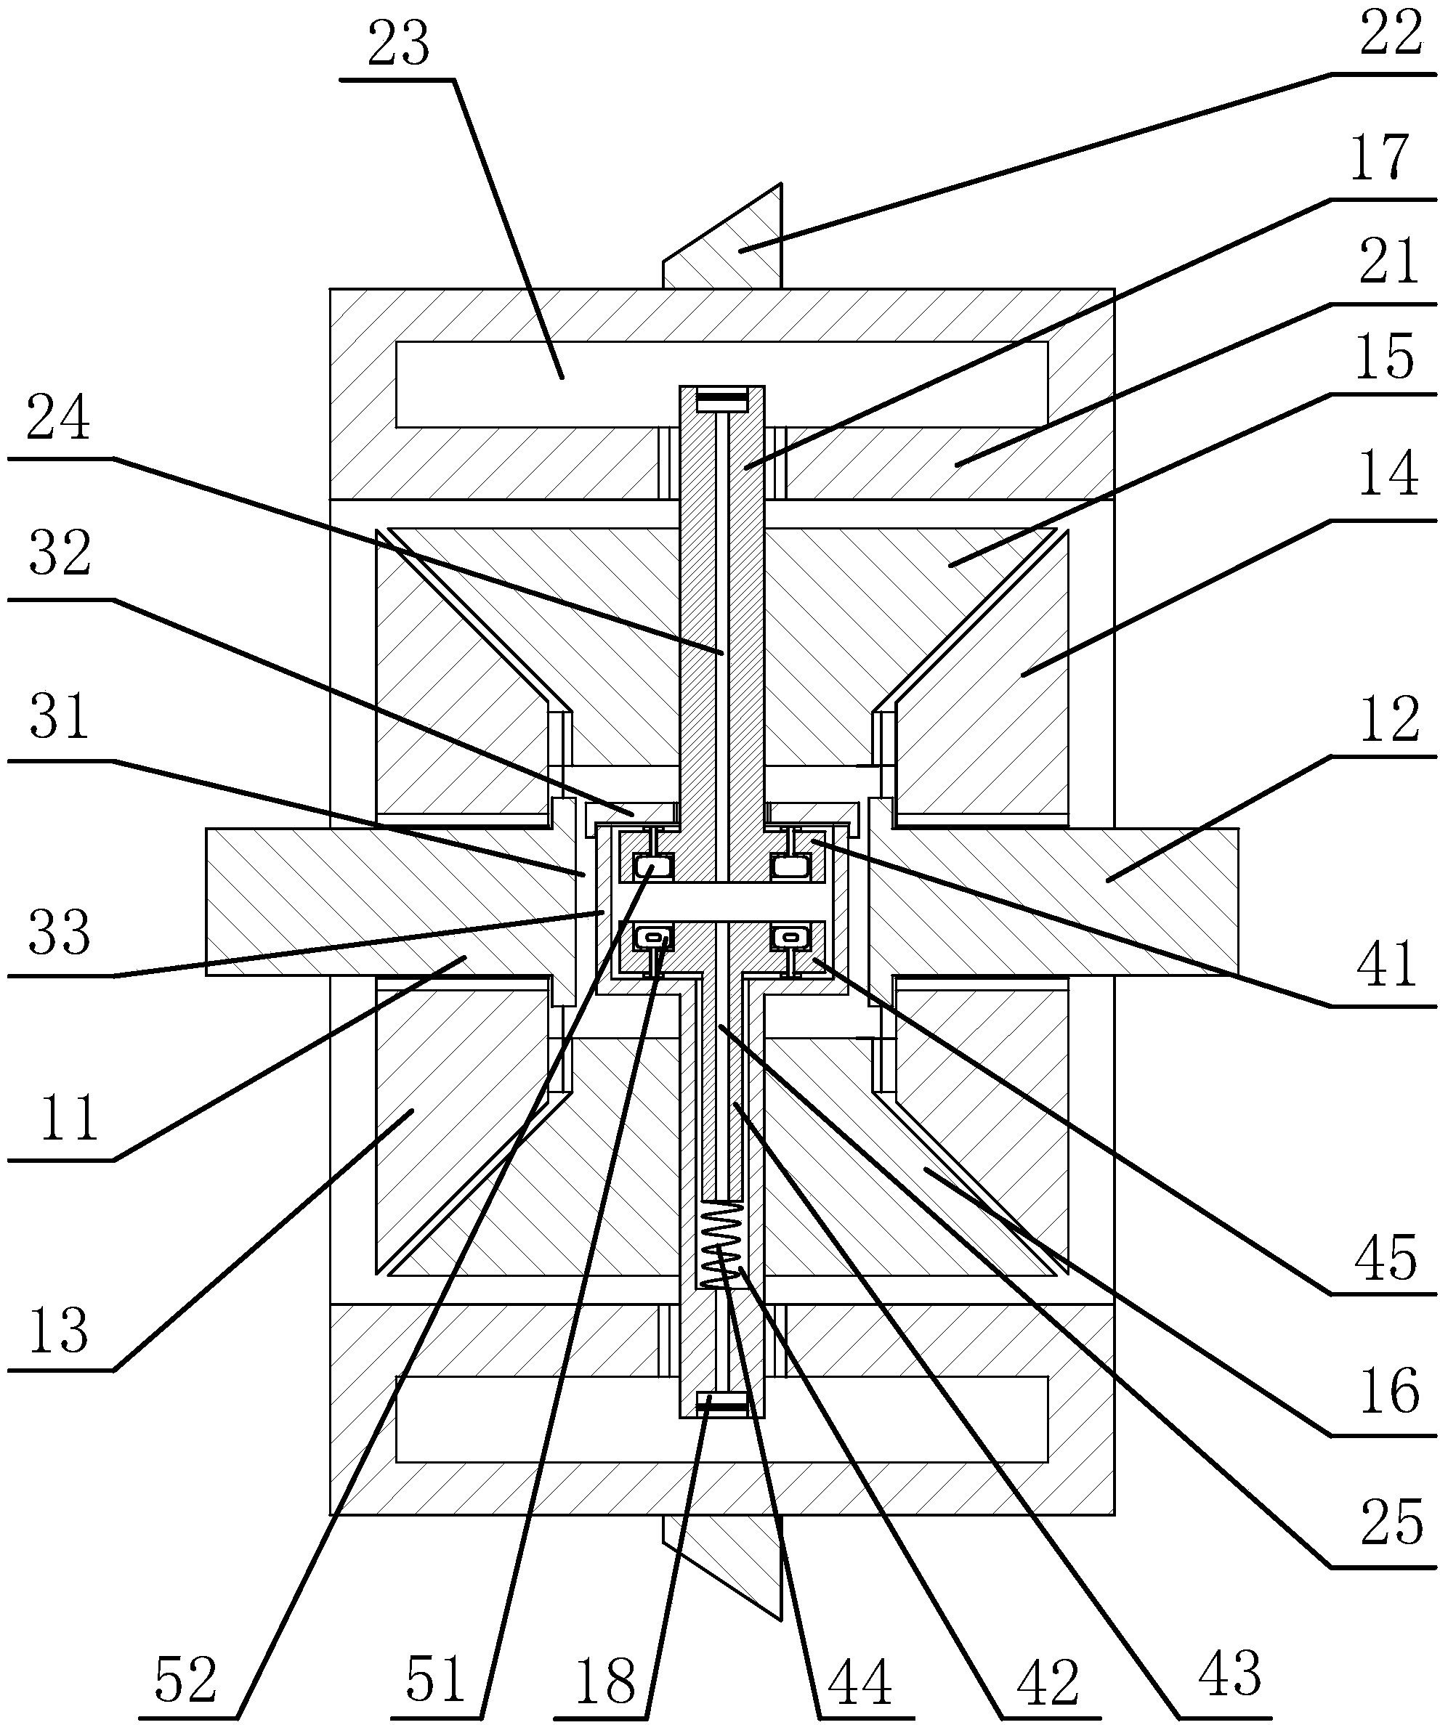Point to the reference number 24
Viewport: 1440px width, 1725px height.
57,419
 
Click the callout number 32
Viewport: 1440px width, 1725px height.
59,553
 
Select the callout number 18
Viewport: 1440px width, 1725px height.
606,1681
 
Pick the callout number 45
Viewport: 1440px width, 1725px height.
1387,1257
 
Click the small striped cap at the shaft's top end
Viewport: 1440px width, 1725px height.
722,401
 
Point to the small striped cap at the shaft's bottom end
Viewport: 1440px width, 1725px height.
722,1405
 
